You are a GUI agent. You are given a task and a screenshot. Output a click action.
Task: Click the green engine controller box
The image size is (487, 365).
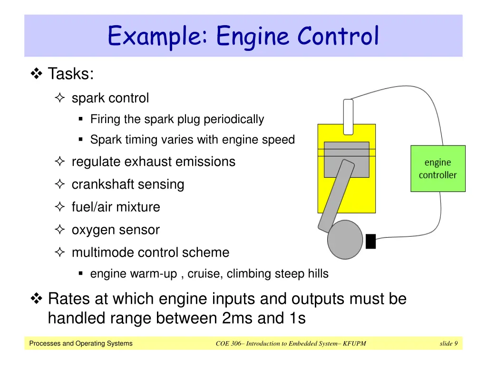tap(438, 169)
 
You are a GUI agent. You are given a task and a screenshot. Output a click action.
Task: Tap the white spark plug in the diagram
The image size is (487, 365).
tap(348, 116)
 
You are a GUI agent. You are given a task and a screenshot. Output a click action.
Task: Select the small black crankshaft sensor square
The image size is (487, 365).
tap(370, 241)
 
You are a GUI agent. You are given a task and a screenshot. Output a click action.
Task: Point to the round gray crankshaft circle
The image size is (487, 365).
tap(345, 240)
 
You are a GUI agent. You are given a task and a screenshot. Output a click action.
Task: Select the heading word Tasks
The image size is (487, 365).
tap(71, 74)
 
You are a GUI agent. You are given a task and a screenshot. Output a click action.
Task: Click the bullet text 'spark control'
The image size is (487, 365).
tap(110, 98)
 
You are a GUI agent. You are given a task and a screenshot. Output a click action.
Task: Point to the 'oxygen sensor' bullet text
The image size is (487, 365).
tap(116, 230)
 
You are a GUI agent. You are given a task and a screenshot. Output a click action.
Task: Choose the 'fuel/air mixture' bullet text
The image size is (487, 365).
tap(116, 207)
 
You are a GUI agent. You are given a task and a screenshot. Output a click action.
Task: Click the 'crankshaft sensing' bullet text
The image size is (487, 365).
tap(127, 184)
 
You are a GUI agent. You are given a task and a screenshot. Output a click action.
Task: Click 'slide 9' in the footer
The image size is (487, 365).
tap(448, 344)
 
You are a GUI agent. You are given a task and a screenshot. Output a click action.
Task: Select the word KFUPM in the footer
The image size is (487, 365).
tap(355, 344)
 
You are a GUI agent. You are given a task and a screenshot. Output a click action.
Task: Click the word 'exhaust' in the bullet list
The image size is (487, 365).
tap(149, 162)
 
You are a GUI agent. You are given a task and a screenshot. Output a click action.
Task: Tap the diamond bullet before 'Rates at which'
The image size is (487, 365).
tap(37, 299)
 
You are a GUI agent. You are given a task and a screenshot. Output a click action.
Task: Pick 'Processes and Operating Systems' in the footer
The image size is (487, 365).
tap(81, 344)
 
